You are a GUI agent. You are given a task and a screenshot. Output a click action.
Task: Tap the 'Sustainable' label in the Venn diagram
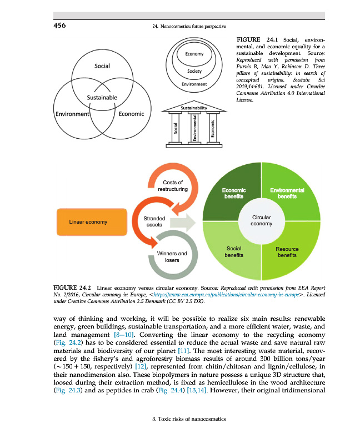(102, 98)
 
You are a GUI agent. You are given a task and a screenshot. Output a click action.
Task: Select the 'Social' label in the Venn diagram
(102, 66)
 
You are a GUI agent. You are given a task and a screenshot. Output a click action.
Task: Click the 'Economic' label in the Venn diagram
(132, 114)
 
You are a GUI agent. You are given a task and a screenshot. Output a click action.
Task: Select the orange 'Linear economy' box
(88, 222)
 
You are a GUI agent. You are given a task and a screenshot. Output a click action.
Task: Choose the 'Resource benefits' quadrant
(289, 253)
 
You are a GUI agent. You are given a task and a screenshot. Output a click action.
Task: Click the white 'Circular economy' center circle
(261, 220)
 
